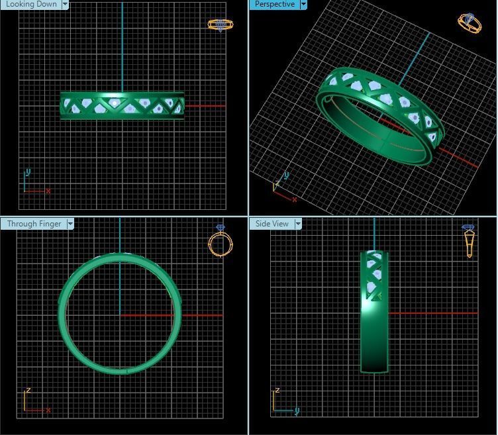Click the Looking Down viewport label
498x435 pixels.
[x=31, y=4]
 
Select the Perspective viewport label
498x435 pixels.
[x=274, y=4]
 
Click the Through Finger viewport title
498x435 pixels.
[x=34, y=224]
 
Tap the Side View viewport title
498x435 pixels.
[x=272, y=224]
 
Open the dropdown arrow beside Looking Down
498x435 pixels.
[x=66, y=4]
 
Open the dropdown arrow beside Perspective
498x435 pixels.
[x=303, y=4]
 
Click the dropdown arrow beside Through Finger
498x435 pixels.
[x=70, y=224]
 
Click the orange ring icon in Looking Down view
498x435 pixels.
[x=220, y=24]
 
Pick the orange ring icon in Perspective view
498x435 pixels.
[x=469, y=22]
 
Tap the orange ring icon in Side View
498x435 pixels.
[x=469, y=240]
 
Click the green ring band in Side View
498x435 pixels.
[x=374, y=331]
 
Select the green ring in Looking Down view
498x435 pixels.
[x=123, y=105]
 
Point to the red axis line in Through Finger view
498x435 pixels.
[x=199, y=315]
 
